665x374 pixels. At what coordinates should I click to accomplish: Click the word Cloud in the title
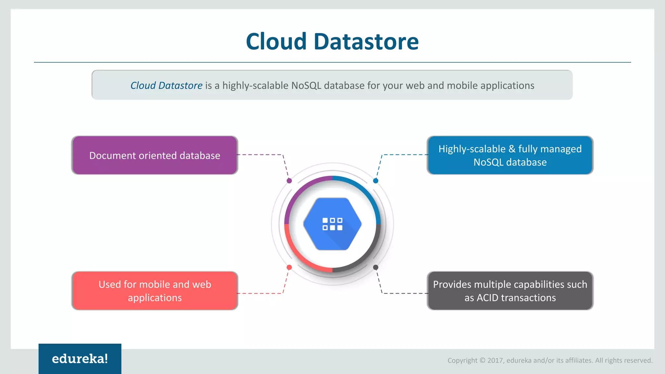(276, 42)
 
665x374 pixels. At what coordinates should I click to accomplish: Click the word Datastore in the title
(366, 42)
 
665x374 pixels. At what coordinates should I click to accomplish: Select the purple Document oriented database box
(155, 156)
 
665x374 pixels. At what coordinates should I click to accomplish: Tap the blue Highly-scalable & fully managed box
(510, 156)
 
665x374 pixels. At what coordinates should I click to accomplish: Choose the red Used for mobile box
(155, 291)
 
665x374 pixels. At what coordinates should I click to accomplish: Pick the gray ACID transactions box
(510, 291)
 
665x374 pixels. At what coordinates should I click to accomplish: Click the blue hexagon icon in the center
(332, 224)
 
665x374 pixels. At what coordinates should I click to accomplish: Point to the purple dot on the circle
(289, 181)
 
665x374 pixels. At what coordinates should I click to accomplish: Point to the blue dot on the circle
(376, 181)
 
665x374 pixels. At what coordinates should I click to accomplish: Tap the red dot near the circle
(289, 267)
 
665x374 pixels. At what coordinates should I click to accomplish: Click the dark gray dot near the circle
(376, 267)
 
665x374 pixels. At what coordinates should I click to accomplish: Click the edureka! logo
(80, 359)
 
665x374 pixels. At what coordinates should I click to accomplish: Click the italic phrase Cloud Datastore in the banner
(166, 85)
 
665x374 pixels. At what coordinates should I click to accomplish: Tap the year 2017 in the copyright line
(495, 360)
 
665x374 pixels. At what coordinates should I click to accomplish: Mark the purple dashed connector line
(260, 155)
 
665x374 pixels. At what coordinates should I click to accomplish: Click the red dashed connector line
(260, 293)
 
